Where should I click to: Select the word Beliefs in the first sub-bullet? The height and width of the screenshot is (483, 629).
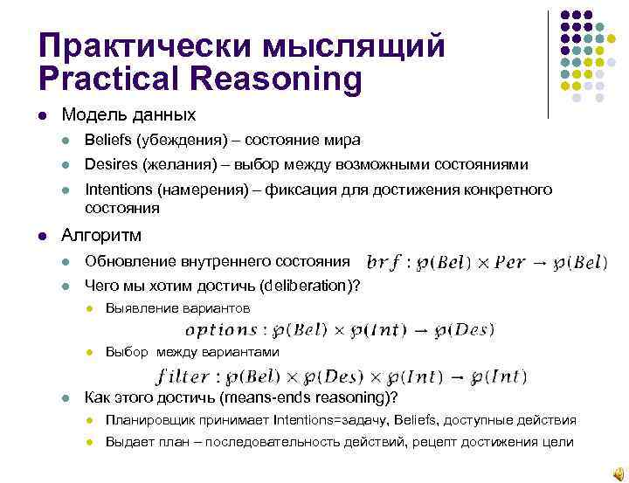coord(107,141)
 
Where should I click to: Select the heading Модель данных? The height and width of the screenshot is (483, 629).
coord(128,115)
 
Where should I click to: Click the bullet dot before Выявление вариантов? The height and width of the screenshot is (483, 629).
coord(90,308)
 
